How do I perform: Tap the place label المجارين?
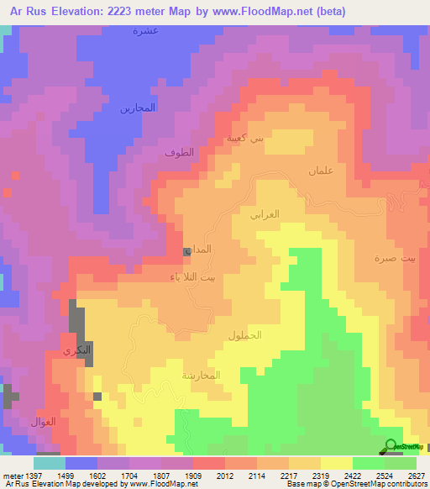pyautogui.click(x=138, y=108)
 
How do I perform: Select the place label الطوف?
pyautogui.click(x=179, y=153)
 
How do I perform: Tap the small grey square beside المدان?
pyautogui.click(x=186, y=251)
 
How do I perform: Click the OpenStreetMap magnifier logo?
pyautogui.click(x=391, y=445)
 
